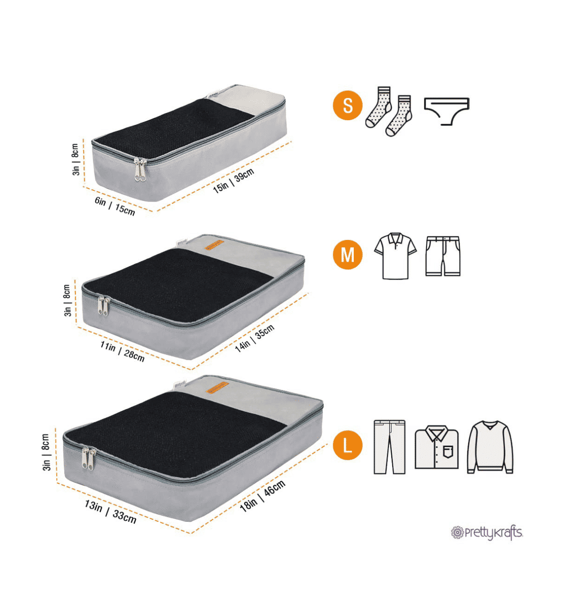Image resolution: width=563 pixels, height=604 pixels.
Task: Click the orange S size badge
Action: tap(347, 105)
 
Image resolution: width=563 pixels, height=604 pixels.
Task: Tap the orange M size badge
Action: tap(347, 255)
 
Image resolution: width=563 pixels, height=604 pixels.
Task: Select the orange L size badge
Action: tap(347, 445)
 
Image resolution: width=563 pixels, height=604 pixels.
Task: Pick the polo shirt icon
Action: tap(395, 256)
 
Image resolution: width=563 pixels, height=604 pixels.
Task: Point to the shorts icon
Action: tap(443, 256)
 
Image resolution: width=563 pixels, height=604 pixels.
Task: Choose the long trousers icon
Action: tap(389, 447)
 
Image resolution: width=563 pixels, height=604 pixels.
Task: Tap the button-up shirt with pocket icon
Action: tap(436, 447)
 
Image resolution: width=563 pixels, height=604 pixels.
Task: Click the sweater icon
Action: tap(490, 447)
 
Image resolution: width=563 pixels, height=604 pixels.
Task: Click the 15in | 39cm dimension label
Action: tap(233, 181)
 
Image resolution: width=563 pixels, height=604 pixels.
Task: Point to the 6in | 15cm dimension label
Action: tap(114, 206)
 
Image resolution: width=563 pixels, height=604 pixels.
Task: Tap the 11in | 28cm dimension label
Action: tap(122, 351)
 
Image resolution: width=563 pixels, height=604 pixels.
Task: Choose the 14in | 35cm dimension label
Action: tap(255, 338)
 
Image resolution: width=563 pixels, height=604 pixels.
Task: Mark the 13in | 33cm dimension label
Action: tap(110, 512)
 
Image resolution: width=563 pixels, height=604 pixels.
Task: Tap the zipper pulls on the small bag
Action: tap(140, 170)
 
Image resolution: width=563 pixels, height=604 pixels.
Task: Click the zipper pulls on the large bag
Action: tap(89, 458)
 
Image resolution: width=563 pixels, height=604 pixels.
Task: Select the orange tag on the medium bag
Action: tap(214, 245)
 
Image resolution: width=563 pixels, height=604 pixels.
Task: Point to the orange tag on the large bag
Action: tap(217, 387)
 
